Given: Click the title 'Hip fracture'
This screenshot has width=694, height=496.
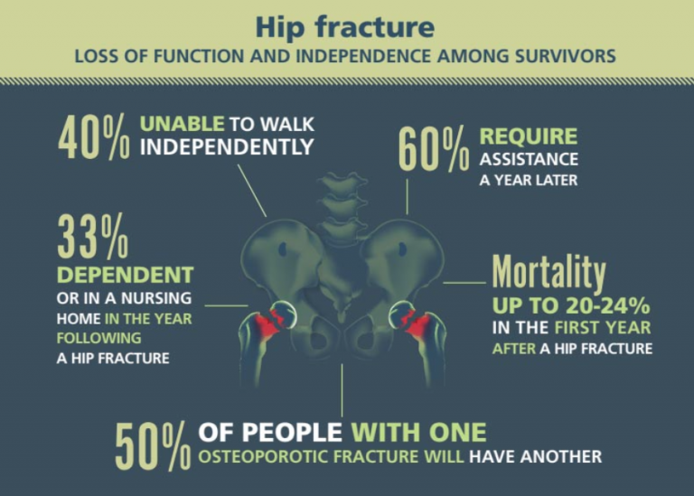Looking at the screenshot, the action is point(345,27).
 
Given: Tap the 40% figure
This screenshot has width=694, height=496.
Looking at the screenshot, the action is point(94,136).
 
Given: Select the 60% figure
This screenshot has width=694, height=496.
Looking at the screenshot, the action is point(434,148).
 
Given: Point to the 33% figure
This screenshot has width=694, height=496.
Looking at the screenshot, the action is point(93,236).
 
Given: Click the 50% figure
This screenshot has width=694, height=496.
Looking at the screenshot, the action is point(153,446).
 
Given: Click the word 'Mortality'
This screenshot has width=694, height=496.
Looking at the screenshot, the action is point(549,273).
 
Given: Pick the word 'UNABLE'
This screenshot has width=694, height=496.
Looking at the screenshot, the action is point(182,124).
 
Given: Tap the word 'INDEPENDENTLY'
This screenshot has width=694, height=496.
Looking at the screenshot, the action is point(227,147).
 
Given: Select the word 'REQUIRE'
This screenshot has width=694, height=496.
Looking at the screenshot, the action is point(529,136).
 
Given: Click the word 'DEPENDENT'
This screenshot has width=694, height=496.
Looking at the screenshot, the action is point(126,275).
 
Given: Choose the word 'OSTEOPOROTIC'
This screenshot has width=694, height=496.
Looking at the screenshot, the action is point(263,456).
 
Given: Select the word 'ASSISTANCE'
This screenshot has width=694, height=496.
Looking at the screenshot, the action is point(529,159).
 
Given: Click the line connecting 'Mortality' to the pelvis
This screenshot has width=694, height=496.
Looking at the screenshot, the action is point(464,282).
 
